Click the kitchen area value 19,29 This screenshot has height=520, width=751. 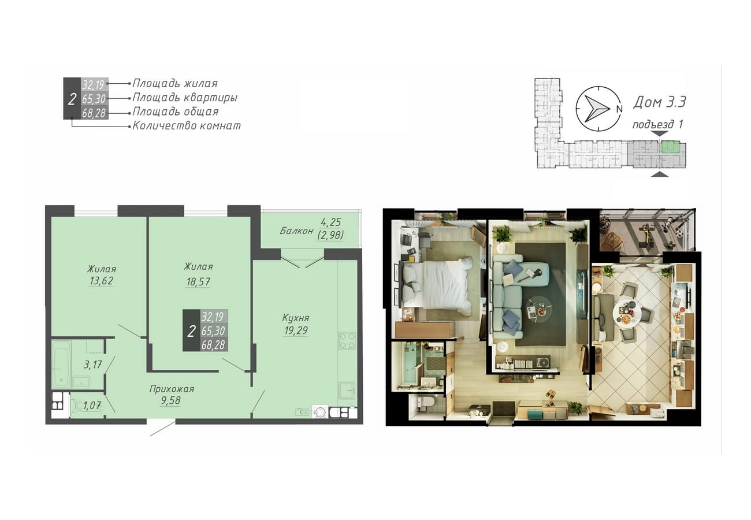(296, 330)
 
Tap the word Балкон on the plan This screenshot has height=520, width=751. (296, 231)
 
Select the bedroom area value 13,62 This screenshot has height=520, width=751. (101, 281)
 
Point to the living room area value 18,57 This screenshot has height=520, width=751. (198, 281)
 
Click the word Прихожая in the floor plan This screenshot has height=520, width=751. (172, 389)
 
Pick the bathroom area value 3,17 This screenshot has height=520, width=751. (92, 365)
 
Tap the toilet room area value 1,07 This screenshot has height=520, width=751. (92, 406)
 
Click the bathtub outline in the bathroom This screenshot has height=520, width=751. (61, 365)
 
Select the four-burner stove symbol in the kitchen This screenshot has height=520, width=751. (347, 341)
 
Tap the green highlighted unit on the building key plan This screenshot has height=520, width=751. (670, 147)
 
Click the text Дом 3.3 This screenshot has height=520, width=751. (660, 102)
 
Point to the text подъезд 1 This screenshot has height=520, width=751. (657, 124)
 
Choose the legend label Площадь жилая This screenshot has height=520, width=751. (175, 83)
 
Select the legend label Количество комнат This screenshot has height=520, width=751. (187, 125)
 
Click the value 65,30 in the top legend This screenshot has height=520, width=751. (94, 99)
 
